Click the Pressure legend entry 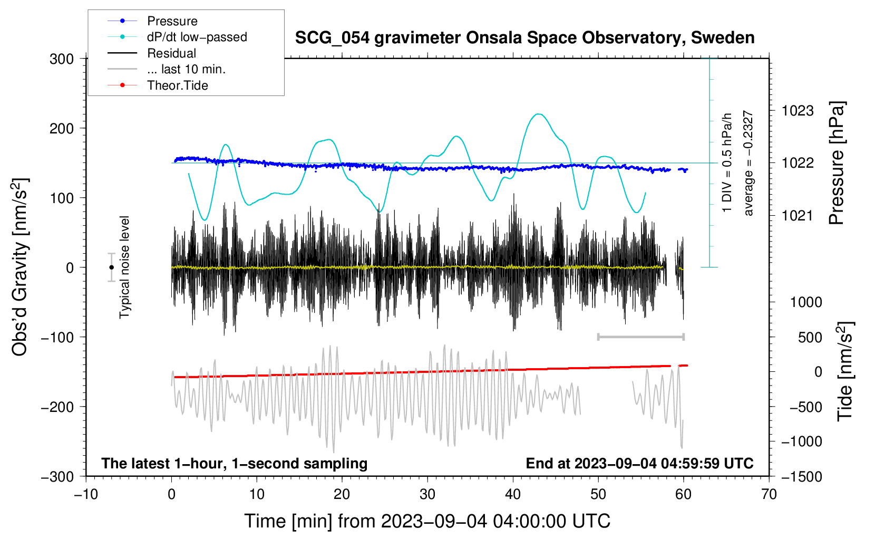pos(153,21)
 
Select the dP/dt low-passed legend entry pos(177,37)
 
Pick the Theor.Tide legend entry pos(158,85)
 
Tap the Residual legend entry pos(152,53)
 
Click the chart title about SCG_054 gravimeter pos(524,38)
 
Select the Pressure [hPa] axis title pos(837,163)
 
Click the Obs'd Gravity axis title pos(20,267)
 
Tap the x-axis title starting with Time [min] pos(427,521)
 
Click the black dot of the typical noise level pos(111,267)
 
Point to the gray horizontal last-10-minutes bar pos(640,337)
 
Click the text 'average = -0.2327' pos(747,163)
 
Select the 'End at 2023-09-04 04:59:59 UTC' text pos(639,463)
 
